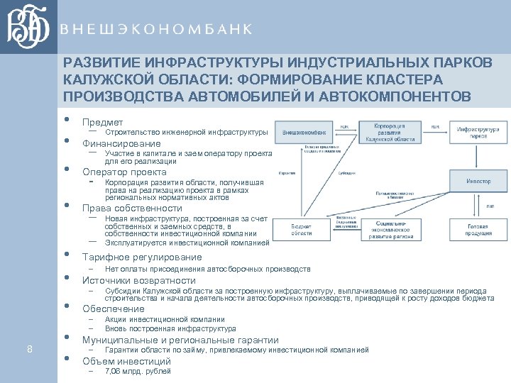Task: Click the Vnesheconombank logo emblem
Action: [x=28, y=28]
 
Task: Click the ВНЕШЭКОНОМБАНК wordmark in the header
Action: [x=155, y=29]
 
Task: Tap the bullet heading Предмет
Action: [x=102, y=122]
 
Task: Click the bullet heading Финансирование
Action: [x=121, y=143]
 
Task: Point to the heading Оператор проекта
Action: [x=124, y=172]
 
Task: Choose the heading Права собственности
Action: [x=132, y=209]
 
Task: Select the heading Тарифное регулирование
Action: [x=142, y=257]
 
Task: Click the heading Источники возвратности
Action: [x=138, y=280]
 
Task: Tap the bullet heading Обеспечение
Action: [x=114, y=309]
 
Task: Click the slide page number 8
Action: [x=29, y=348]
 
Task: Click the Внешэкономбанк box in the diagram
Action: [x=304, y=132]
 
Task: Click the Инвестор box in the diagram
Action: [x=478, y=181]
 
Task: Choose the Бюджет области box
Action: [x=302, y=228]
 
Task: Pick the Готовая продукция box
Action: [x=478, y=228]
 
